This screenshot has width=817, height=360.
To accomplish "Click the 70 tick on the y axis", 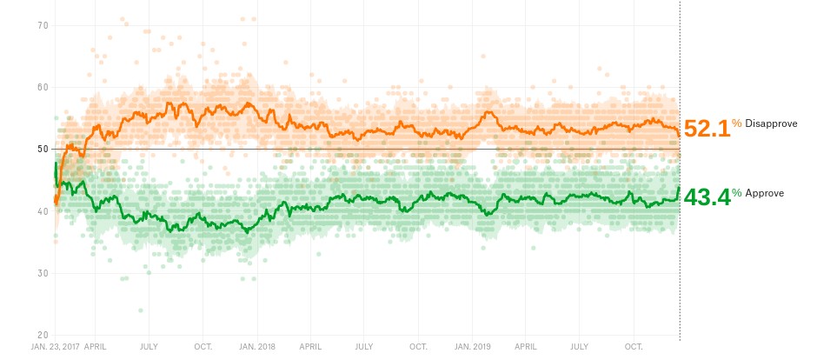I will click(41, 25).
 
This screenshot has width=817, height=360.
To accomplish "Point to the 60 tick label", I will click(41, 87).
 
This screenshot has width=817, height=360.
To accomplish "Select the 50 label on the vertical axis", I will click(41, 150).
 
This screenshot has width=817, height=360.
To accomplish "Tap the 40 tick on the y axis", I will click(41, 211).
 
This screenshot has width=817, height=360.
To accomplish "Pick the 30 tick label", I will click(41, 273).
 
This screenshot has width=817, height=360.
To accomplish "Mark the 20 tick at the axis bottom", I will click(41, 336).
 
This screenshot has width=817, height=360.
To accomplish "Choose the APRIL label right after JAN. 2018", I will click(310, 346).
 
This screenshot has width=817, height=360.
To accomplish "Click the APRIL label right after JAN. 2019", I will click(525, 346).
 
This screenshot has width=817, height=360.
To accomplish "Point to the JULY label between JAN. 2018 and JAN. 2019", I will click(364, 346).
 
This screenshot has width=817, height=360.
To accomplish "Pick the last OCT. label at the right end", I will click(634, 346).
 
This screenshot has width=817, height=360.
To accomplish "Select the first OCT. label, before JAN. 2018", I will click(203, 346).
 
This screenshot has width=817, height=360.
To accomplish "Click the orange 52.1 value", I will click(706, 129).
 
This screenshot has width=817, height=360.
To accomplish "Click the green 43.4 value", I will click(706, 197).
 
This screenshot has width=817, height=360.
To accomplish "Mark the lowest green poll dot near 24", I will click(140, 310).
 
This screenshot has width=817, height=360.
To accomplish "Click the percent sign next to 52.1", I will click(736, 123).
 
